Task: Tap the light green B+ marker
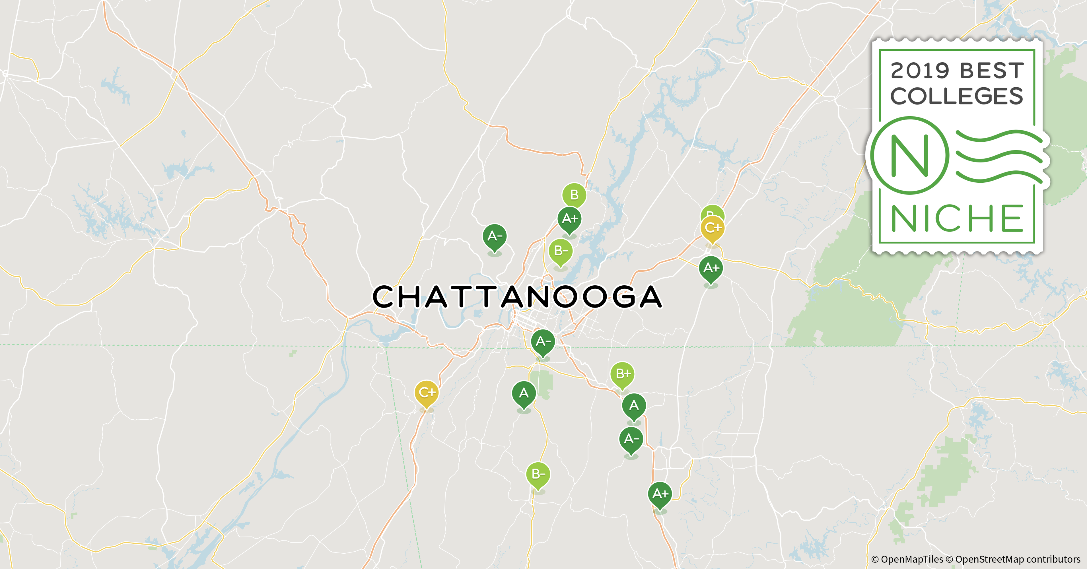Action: (622, 374)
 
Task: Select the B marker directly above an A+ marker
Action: (574, 195)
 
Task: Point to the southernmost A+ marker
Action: (660, 494)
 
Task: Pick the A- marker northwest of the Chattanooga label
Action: (495, 236)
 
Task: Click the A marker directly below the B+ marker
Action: (634, 406)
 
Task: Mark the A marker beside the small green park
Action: (524, 393)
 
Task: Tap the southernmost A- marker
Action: (631, 439)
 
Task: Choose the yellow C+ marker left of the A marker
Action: (426, 393)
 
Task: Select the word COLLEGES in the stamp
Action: (957, 97)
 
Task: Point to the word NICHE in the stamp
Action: (957, 218)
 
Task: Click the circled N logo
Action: (910, 156)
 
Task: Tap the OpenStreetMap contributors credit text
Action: (1017, 559)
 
